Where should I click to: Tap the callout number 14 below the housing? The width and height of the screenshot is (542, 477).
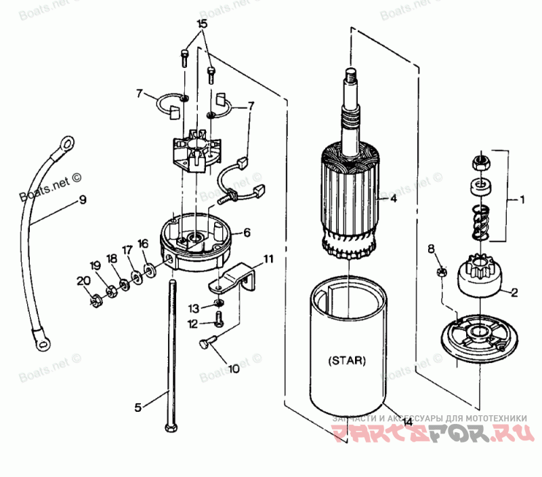coord(407,421)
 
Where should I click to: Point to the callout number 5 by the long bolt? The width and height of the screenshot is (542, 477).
coord(138,407)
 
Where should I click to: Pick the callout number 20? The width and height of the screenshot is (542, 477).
coord(83,282)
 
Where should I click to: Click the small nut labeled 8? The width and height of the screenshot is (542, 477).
coord(441,272)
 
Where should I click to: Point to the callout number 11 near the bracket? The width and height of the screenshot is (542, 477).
coord(269,259)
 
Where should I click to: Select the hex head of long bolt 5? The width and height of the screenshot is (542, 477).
coord(169,427)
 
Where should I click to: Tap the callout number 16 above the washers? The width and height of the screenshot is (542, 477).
coord(142,244)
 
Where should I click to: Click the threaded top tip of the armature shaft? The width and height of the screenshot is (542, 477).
coord(350,75)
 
